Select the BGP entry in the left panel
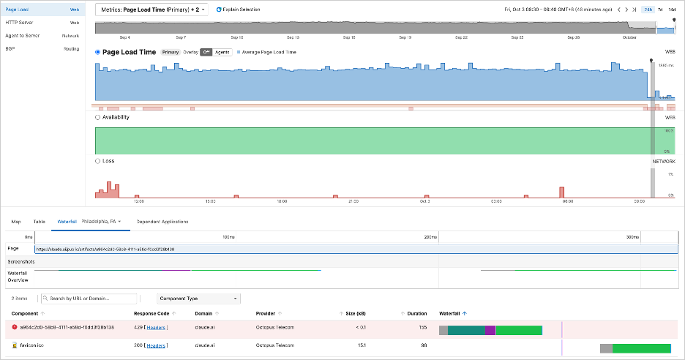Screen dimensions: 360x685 click(x=11, y=48)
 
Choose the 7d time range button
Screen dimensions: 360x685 click(x=660, y=10)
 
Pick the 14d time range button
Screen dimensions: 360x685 click(x=673, y=10)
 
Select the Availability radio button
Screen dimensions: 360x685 click(x=98, y=116)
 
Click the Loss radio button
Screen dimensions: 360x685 click(x=98, y=160)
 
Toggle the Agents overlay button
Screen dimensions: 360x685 click(x=222, y=53)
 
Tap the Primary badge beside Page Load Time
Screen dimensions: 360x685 click(x=170, y=53)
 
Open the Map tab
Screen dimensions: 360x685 click(x=16, y=221)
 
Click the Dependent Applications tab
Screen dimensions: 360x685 click(x=162, y=221)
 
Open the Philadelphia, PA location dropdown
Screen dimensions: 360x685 click(x=101, y=221)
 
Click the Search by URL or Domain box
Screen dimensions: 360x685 click(x=89, y=299)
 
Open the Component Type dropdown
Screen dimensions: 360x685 click(x=198, y=299)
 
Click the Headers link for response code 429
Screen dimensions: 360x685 click(x=156, y=327)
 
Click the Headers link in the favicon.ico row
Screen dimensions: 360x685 click(x=156, y=345)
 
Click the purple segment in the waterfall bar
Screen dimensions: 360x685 click(x=490, y=331)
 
